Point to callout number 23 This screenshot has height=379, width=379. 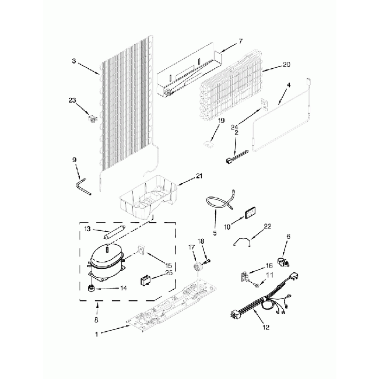(72, 100)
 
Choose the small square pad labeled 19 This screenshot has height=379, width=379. (209, 141)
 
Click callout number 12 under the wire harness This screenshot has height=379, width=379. (266, 328)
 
